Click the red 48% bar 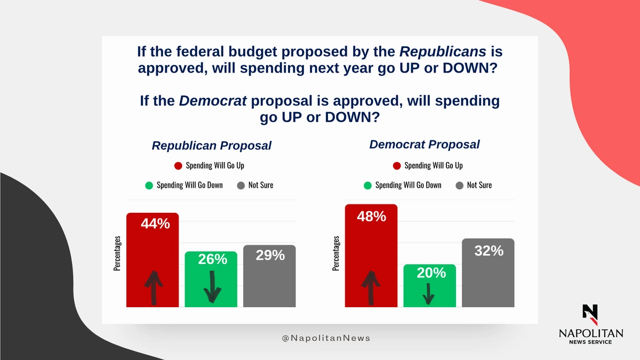[x=371, y=256]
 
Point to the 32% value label [x=489, y=250]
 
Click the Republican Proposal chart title [x=211, y=146]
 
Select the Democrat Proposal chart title [x=425, y=145]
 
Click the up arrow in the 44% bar [x=153, y=287]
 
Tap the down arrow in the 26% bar [x=212, y=286]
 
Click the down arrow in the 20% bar [x=428, y=293]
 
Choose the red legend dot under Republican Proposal [x=178, y=166]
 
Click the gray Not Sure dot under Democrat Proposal [x=459, y=186]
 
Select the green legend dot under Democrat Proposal [x=367, y=186]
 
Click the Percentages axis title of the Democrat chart [x=336, y=254]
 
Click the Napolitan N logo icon [x=590, y=315]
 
